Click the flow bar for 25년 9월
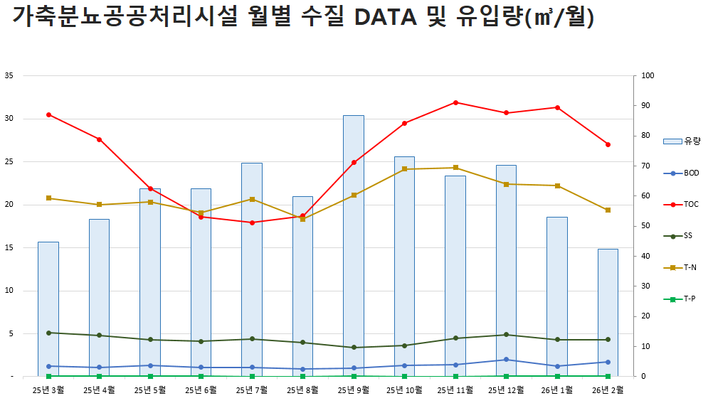click(x=354, y=245)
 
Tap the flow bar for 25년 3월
click(x=48, y=309)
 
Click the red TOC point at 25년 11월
click(x=455, y=102)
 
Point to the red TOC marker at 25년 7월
click(x=252, y=222)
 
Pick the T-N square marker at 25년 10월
click(x=404, y=169)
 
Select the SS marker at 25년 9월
click(x=354, y=348)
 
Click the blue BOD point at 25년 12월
click(x=506, y=360)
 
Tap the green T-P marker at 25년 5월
click(x=150, y=376)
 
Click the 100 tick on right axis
click(x=648, y=75)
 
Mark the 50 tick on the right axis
click(x=646, y=226)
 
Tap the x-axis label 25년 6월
click(x=201, y=390)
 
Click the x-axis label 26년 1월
click(x=556, y=390)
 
